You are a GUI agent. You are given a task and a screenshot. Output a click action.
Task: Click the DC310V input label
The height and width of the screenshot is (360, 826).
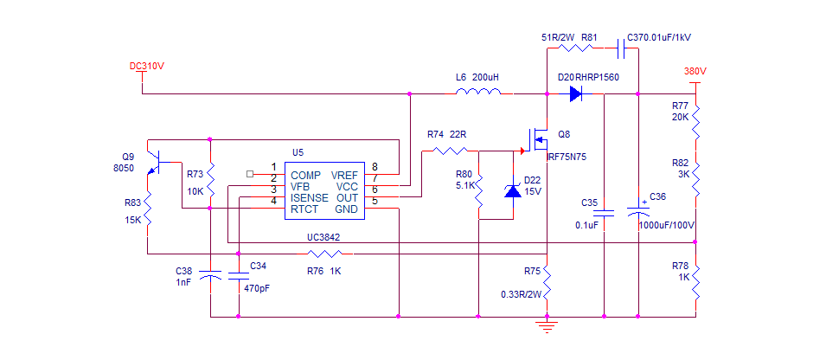147,66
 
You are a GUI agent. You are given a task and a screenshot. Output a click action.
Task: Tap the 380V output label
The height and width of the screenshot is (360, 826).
695,71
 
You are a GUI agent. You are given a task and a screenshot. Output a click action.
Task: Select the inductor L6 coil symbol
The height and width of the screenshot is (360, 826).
477,91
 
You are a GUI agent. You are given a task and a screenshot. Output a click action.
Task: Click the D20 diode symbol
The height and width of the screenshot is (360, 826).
575,93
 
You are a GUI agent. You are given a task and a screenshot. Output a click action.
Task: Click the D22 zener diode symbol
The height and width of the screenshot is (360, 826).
513,190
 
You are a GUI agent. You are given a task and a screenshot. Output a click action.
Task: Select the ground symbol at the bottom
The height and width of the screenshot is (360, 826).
546,325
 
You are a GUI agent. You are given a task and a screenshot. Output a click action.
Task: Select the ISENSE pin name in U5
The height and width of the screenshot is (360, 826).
310,198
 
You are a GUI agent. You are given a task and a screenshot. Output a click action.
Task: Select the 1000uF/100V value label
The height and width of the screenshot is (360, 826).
665,225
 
